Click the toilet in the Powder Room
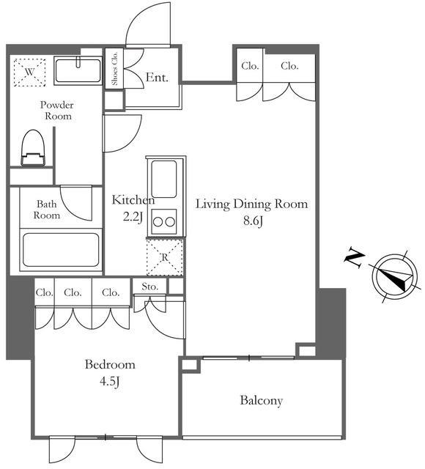click(x=33, y=148)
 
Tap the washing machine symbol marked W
click(x=29, y=72)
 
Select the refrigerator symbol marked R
click(x=164, y=257)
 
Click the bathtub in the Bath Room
click(x=61, y=250)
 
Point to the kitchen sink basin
click(x=164, y=179)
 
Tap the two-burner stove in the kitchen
click(x=164, y=221)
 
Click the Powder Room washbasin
click(x=78, y=70)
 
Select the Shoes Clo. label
click(x=114, y=68)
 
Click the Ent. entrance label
click(x=157, y=78)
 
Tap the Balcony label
click(x=262, y=401)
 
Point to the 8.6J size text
click(x=253, y=221)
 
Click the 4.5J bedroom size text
click(x=110, y=382)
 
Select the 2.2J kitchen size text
click(x=133, y=218)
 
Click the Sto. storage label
click(x=149, y=287)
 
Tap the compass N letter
click(x=355, y=258)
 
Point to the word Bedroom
click(x=110, y=364)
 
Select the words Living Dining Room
click(x=251, y=204)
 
